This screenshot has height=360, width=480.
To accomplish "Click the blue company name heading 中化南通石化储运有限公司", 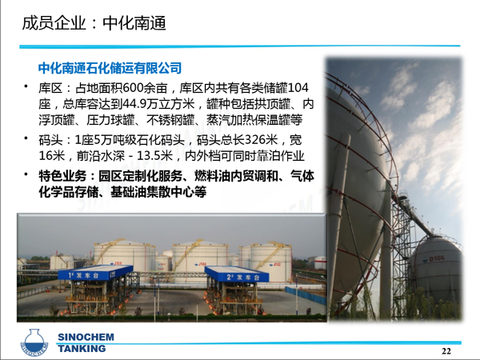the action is (110, 68).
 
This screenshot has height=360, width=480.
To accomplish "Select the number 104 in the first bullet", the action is (298, 88).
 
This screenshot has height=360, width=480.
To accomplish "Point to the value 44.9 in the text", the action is (134, 104).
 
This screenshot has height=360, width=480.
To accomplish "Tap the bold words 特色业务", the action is (62, 176).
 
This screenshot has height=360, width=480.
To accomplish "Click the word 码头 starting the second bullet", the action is (50, 140).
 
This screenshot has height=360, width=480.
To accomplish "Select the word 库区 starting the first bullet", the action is (50, 89).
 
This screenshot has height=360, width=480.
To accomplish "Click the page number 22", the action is (446, 351).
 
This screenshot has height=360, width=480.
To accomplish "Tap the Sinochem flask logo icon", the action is (34, 343).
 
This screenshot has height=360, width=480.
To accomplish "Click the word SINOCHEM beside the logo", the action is (86, 337).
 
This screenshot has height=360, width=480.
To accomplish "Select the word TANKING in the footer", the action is (82, 348).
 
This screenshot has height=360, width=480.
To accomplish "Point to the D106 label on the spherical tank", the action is (437, 258).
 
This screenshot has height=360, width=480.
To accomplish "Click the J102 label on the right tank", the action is (277, 265).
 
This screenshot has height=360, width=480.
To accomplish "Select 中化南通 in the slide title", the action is (134, 23).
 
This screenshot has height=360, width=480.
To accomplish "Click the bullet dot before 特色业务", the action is (26, 174).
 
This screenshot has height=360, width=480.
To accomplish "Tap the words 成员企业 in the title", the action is (54, 23).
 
